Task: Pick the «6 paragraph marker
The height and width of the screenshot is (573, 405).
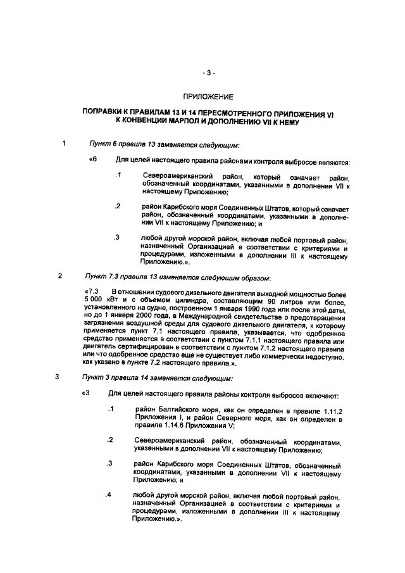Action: point(93,159)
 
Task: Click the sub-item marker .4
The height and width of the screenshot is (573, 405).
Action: point(109,494)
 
